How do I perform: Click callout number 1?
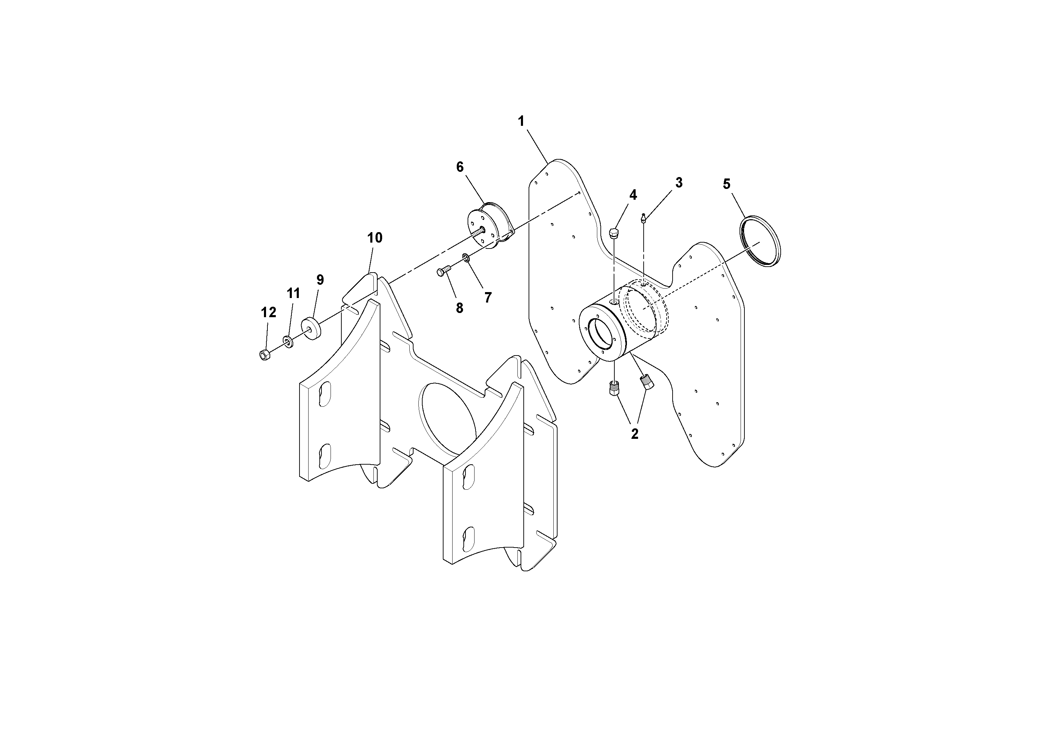tap(521, 121)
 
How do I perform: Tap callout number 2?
tap(634, 434)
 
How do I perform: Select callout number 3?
tap(679, 183)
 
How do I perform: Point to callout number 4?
tap(633, 195)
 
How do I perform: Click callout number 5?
tap(727, 184)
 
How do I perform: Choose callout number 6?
tap(460, 167)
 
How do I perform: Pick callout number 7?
tap(488, 297)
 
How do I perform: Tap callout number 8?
tap(459, 308)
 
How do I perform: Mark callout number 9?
tap(320, 280)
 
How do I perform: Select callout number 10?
tap(375, 238)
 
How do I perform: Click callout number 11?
tap(293, 294)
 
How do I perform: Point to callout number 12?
tap(268, 312)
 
